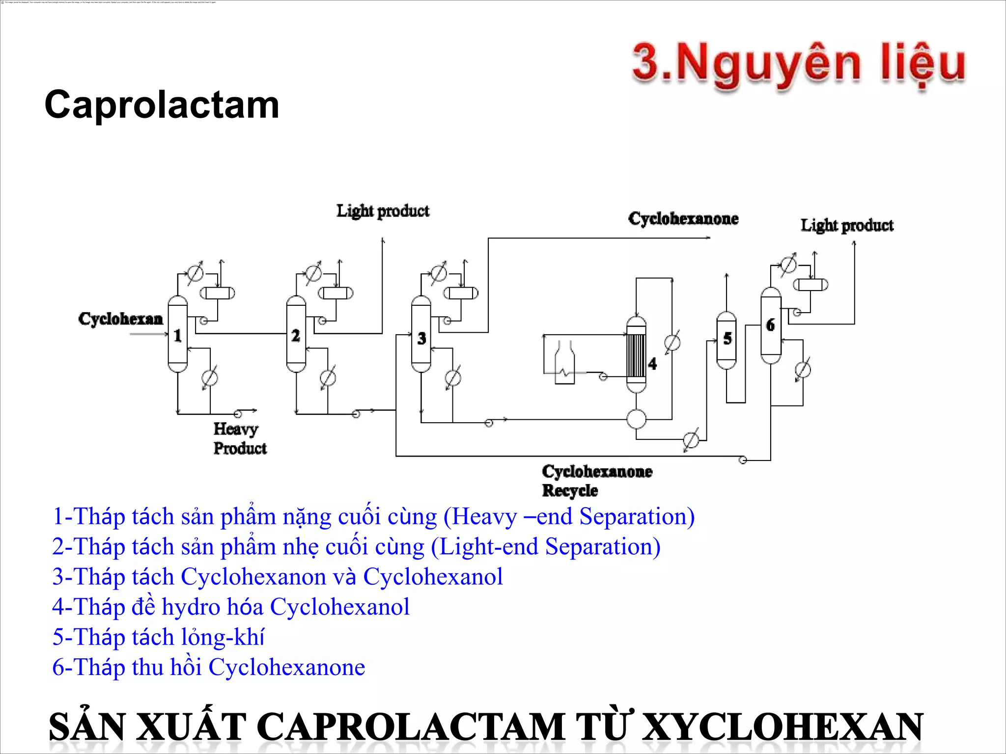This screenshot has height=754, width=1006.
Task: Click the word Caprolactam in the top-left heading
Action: click(x=162, y=105)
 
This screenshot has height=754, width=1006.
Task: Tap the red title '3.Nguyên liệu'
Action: click(x=798, y=64)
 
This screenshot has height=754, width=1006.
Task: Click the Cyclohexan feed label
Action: click(x=120, y=319)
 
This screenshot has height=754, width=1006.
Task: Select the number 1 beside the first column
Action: click(x=177, y=336)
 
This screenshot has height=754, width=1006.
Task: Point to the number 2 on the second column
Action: click(x=295, y=336)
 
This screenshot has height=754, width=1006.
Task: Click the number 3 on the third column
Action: click(x=421, y=338)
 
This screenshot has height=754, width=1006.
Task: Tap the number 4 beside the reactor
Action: click(x=652, y=364)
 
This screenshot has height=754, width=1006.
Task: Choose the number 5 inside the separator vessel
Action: click(x=727, y=338)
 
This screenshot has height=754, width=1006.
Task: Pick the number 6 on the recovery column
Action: click(x=770, y=324)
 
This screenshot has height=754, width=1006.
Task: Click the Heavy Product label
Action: click(x=239, y=438)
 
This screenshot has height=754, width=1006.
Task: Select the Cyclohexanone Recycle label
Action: click(x=596, y=481)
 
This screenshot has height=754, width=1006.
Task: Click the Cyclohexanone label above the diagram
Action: click(x=683, y=218)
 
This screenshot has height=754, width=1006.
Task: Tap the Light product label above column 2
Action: click(x=383, y=211)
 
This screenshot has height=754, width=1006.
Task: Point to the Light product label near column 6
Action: click(x=847, y=225)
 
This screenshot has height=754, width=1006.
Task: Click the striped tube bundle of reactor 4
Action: click(x=636, y=355)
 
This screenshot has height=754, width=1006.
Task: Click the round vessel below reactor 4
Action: click(x=636, y=419)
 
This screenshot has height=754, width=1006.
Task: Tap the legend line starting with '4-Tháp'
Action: click(x=230, y=607)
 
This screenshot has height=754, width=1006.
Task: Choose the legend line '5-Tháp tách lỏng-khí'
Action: click(x=158, y=637)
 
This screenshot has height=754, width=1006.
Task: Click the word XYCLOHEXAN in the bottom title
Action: click(x=782, y=727)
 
